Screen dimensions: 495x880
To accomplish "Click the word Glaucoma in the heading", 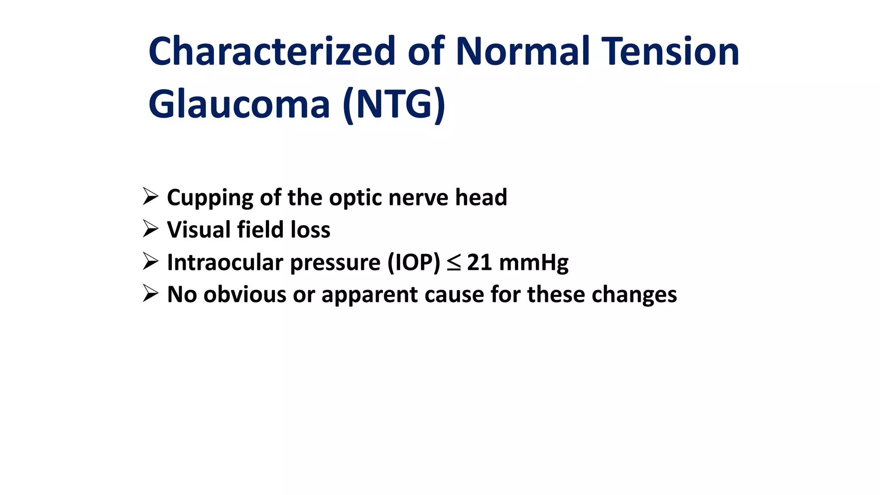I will coord(239,104).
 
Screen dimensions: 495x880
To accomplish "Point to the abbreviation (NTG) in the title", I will coord(394,104).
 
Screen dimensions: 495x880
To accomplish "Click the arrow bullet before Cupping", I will coord(150,197).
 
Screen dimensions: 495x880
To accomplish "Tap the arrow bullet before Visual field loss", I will coord(150,229).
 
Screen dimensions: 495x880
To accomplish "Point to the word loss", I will coord(310,229).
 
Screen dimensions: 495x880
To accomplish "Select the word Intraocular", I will coord(225,262).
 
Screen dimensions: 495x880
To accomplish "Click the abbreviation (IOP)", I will coord(414,262).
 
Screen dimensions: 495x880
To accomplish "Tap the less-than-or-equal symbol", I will coord(454,263).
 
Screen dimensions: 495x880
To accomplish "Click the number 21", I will coord(479,262).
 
